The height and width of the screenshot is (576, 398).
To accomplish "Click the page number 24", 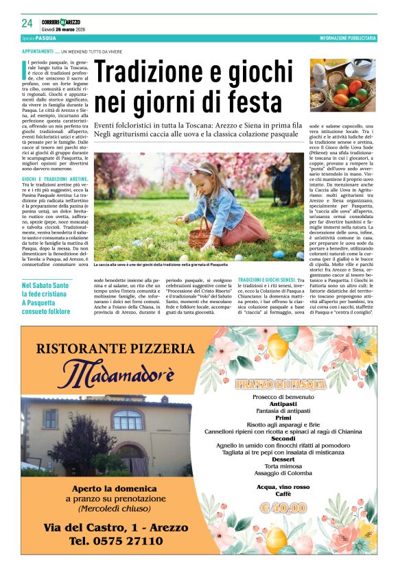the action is [27, 23].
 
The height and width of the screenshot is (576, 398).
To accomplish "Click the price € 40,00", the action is [284, 507].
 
